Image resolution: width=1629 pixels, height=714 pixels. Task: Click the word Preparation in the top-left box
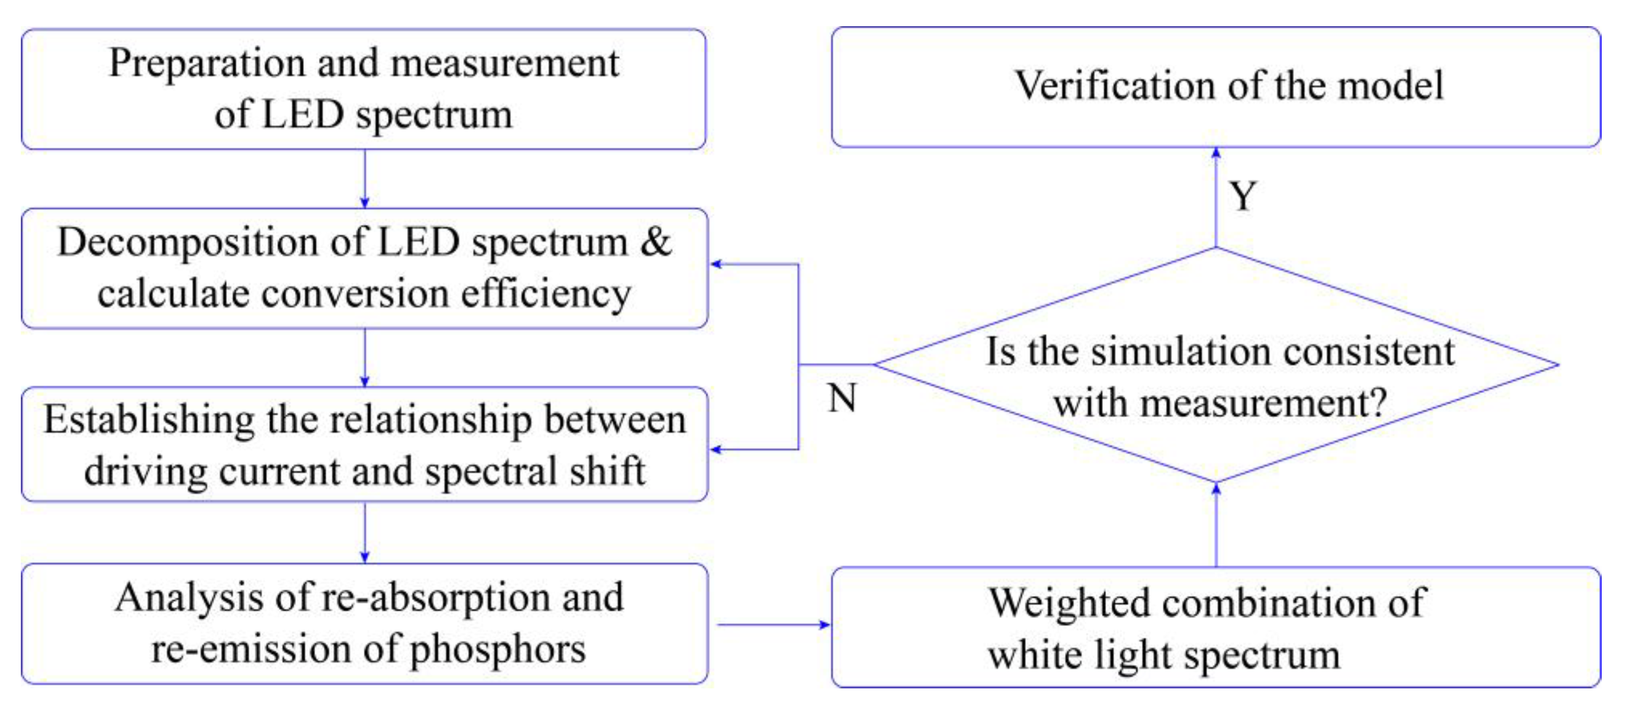point(207,64)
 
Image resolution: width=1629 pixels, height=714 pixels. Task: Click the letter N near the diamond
point(842,398)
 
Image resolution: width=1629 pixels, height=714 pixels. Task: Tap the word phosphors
point(498,649)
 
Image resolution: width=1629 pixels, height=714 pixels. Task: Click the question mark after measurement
point(1378,402)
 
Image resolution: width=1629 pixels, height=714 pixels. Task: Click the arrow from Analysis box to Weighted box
point(771,625)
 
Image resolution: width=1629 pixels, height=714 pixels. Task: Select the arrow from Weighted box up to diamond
point(1216,525)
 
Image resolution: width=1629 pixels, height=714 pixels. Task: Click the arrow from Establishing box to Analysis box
point(364,532)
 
